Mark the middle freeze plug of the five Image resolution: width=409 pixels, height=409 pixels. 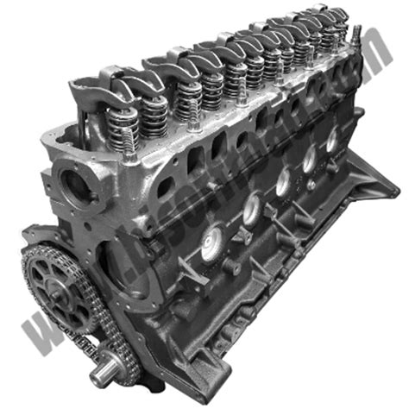point(282,180)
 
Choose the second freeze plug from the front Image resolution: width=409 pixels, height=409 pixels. point(251,206)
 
